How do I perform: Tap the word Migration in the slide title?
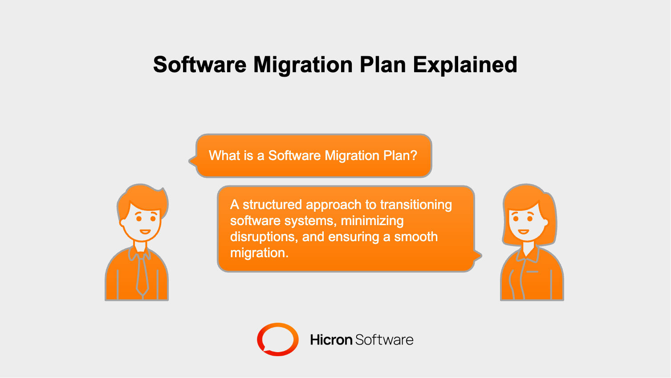click(304, 65)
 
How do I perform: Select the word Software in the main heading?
click(199, 65)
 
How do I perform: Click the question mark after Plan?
click(414, 156)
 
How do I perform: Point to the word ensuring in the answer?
click(354, 237)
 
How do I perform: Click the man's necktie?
click(142, 274)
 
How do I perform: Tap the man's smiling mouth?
click(145, 232)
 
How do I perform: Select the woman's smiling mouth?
click(523, 232)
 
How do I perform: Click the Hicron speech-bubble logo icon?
click(277, 339)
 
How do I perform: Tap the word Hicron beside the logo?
click(331, 340)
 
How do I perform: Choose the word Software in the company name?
click(384, 340)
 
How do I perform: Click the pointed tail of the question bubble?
click(192, 160)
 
